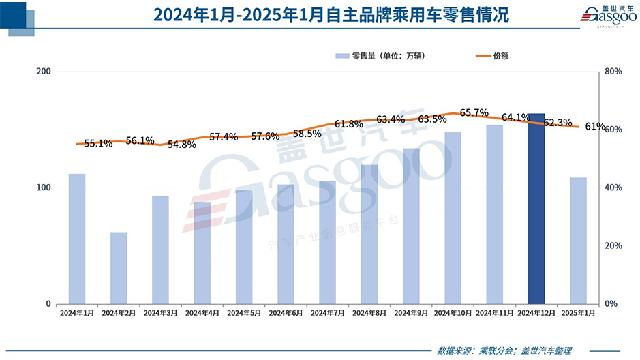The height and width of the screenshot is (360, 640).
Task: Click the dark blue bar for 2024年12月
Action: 536,209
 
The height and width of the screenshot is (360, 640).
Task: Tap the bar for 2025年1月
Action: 578,241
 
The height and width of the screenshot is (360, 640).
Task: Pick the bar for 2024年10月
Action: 453,218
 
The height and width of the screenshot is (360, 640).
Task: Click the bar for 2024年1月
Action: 77,239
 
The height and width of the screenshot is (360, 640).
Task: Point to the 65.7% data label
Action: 474,112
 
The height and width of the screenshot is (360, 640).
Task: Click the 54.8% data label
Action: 182,144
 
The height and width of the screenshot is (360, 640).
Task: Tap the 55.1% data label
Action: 98,144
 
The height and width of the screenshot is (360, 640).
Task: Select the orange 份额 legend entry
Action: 491,56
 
